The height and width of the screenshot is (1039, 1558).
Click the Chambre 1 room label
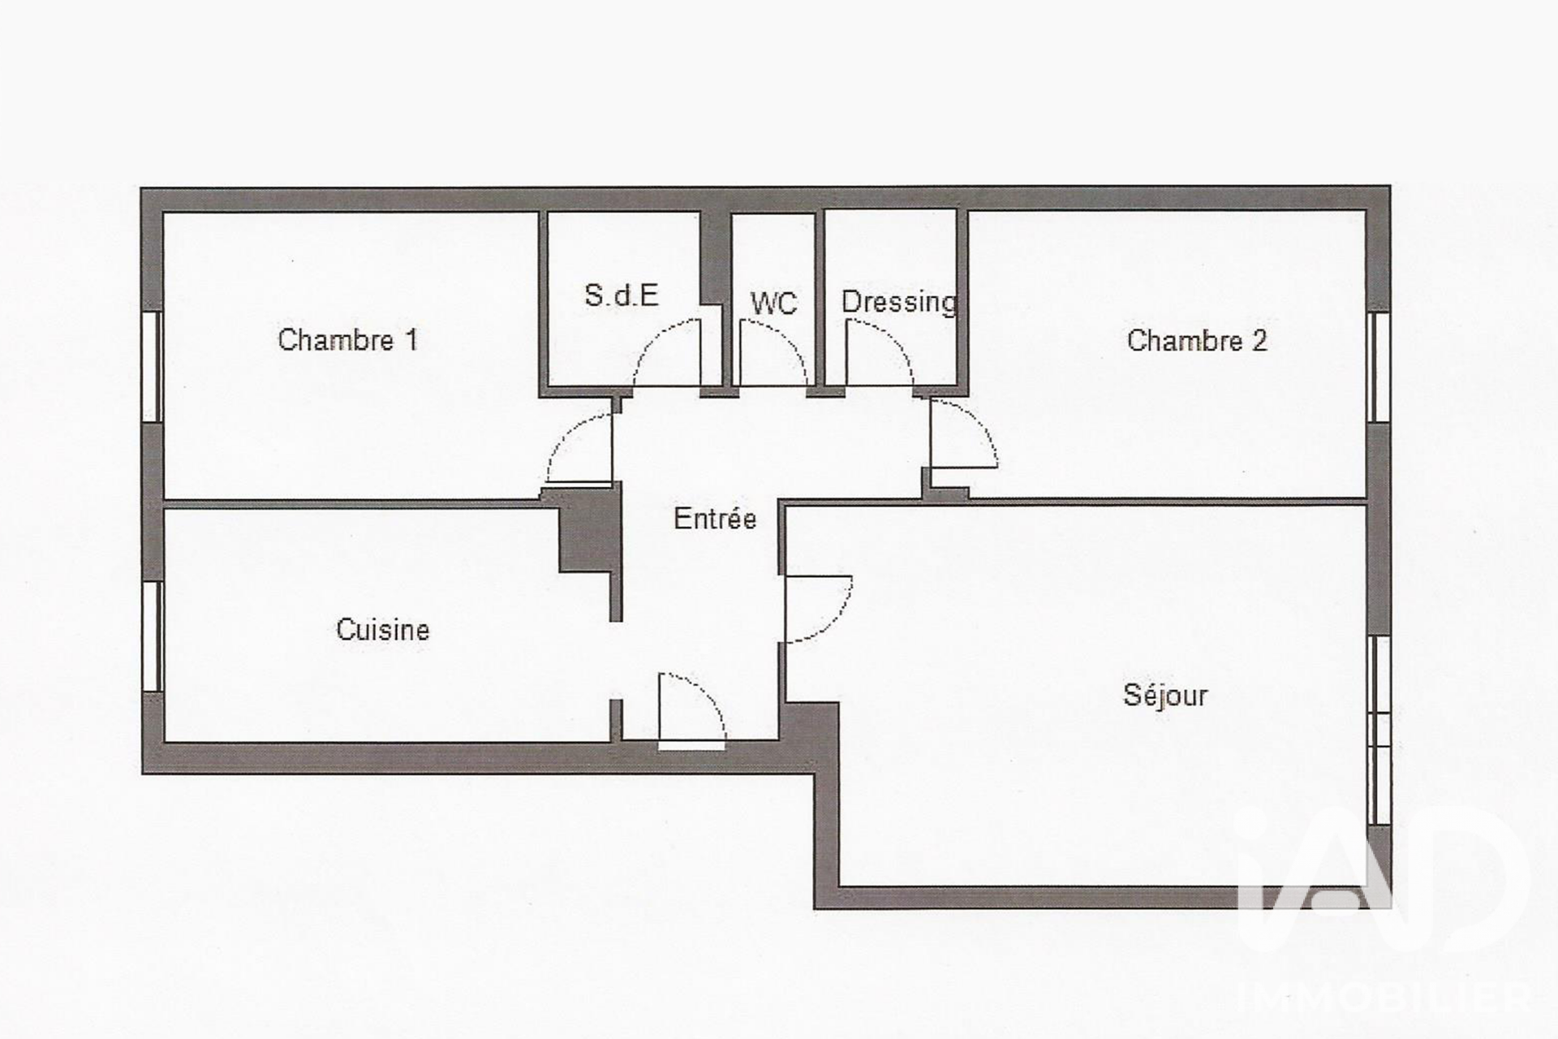[347, 339]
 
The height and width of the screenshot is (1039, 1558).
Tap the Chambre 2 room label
[1196, 340]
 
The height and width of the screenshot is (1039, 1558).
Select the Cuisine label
[382, 629]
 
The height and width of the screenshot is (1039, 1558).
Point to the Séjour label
[1165, 695]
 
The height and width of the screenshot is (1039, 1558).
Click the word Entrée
[715, 518]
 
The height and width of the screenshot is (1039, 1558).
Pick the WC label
[773, 304]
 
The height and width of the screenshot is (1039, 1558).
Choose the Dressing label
[899, 302]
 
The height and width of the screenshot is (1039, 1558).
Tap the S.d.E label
[621, 295]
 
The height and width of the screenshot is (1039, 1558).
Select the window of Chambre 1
[152, 366]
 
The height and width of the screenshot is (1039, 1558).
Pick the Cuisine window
[152, 636]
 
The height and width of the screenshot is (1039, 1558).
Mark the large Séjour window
[1379, 731]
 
